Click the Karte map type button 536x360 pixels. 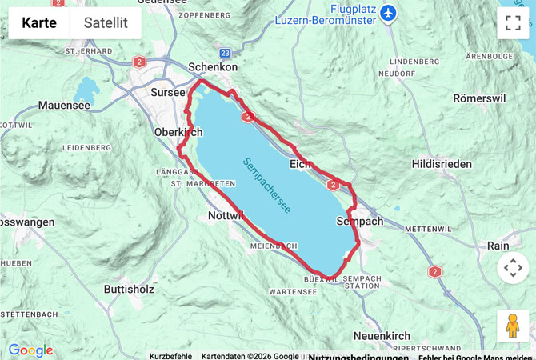pyautogui.click(x=39, y=22)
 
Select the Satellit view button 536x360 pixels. pyautogui.click(x=106, y=22)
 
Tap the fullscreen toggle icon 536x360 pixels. pyautogui.click(x=513, y=23)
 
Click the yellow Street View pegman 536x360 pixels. pyautogui.click(x=513, y=326)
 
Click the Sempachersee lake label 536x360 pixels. pyautogui.click(x=267, y=184)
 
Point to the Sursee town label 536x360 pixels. pyautogui.click(x=168, y=92)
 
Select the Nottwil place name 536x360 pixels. pyautogui.click(x=225, y=215)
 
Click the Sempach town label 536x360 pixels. pyautogui.click(x=360, y=220)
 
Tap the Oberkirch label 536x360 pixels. pyautogui.click(x=178, y=132)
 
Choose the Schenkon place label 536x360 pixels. pyautogui.click(x=213, y=68)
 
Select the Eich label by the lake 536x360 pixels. pyautogui.click(x=300, y=163)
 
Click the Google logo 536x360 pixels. pyautogui.click(x=30, y=350)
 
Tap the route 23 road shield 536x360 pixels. pyautogui.click(x=225, y=53)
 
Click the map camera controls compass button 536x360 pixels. pyautogui.click(x=513, y=267)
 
